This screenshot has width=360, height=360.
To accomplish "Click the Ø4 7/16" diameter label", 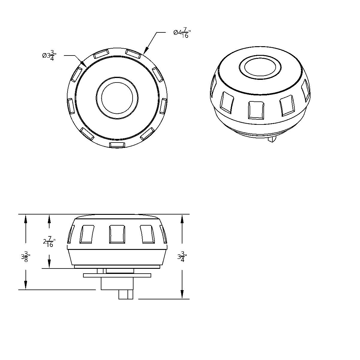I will click(x=182, y=33).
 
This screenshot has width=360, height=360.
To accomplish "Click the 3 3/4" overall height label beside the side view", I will click(x=182, y=256).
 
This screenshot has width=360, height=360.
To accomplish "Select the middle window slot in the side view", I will click(x=117, y=234).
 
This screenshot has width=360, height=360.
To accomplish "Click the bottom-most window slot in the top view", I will click(x=117, y=145).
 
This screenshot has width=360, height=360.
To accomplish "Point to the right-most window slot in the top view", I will click(x=163, y=106).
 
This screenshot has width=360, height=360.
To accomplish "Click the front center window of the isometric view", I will click(x=256, y=110).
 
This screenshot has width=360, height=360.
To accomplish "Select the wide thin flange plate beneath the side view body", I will click(x=117, y=275).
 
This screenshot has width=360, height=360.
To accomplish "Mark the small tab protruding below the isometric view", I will click(x=272, y=139).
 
